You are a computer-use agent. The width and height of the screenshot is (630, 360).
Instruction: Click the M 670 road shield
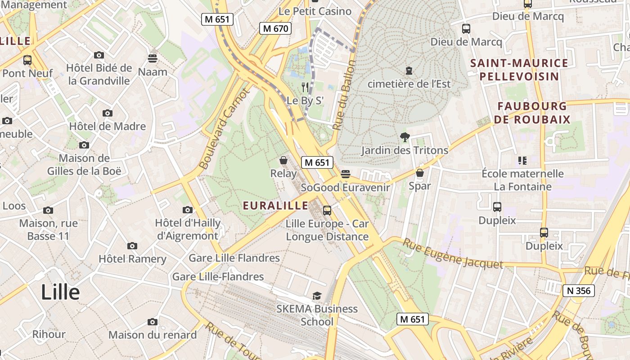pyautogui.click(x=275, y=29)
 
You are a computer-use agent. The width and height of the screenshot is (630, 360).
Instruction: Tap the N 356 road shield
pyautogui.click(x=579, y=291)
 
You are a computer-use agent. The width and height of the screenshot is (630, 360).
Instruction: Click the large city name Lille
pyautogui.click(x=60, y=292)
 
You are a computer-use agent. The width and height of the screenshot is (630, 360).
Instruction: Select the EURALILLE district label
pyautogui.click(x=275, y=206)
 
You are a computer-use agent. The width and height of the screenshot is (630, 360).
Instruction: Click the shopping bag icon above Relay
pyautogui.click(x=283, y=160)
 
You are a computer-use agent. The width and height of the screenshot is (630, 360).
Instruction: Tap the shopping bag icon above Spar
pyautogui.click(x=420, y=173)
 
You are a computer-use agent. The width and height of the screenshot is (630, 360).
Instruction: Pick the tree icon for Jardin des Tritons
pyautogui.click(x=405, y=137)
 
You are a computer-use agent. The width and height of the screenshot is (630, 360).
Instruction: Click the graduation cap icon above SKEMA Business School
pyautogui.click(x=317, y=296)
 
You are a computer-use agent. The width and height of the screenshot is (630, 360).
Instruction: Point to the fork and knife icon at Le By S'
pyautogui.click(x=306, y=87)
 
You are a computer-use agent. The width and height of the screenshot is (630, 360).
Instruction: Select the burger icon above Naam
pyautogui.click(x=153, y=58)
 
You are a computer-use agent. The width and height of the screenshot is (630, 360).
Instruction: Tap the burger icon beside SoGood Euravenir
pyautogui.click(x=345, y=174)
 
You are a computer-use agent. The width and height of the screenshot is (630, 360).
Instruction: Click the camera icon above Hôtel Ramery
pyautogui.click(x=132, y=246)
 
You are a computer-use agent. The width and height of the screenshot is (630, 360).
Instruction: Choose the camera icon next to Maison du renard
pyautogui.click(x=153, y=322)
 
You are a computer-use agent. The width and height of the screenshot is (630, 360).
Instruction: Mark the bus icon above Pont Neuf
pyautogui.click(x=27, y=60)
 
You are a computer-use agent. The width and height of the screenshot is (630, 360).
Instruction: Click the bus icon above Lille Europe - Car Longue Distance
pyautogui.click(x=327, y=210)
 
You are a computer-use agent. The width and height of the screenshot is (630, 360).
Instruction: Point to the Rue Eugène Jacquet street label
pyautogui.click(x=452, y=254)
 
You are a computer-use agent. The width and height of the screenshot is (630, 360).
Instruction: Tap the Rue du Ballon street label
pyautogui.click(x=344, y=95)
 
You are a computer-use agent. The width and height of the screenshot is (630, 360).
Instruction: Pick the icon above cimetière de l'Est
pyautogui.click(x=409, y=71)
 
